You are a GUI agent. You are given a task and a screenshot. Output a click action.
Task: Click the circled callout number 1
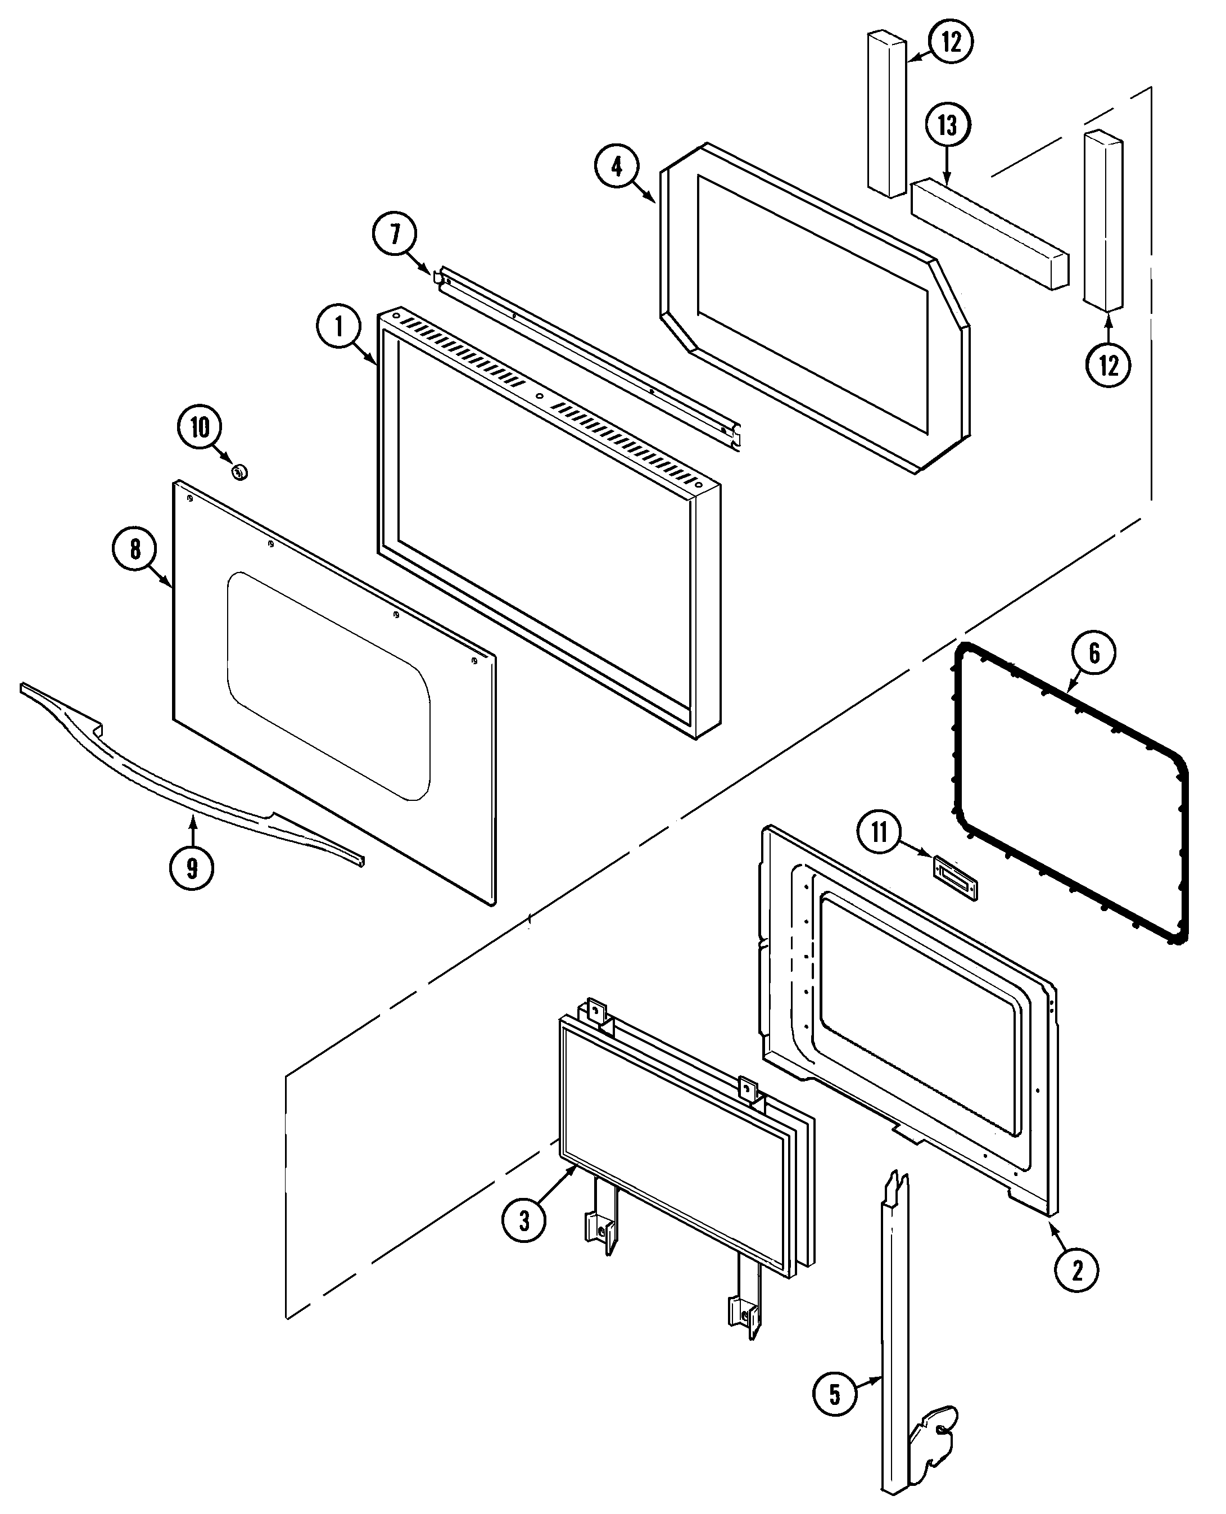tap(339, 327)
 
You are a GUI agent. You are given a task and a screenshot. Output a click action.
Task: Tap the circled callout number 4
tap(617, 166)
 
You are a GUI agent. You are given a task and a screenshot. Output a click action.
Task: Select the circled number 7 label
tap(395, 234)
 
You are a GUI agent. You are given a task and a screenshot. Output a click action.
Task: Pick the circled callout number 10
tap(200, 427)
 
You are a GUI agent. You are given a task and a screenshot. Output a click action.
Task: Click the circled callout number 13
tap(947, 126)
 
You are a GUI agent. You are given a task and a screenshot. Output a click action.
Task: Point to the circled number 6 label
tap(1094, 653)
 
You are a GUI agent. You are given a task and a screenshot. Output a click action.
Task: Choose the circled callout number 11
tap(879, 832)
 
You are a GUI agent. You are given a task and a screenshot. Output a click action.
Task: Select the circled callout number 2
tap(1076, 1271)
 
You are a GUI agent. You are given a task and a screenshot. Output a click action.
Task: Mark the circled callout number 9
tap(191, 868)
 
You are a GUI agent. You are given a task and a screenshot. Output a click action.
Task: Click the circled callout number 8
tap(135, 549)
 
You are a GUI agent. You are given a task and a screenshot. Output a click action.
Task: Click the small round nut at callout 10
tap(239, 471)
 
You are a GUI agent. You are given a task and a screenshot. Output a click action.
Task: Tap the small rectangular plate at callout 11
tap(956, 877)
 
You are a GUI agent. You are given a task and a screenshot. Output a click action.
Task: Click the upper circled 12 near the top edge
tap(951, 42)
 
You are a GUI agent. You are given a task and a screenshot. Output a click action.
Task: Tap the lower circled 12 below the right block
tap(1108, 365)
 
